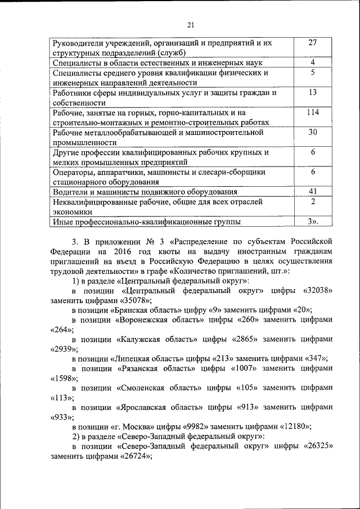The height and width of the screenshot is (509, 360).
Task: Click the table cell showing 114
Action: click(x=313, y=112)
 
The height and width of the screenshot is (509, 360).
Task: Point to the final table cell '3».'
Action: click(x=313, y=222)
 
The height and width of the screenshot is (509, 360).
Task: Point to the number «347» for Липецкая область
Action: click(x=314, y=358)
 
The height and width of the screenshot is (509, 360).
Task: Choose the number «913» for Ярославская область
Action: click(x=251, y=407)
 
